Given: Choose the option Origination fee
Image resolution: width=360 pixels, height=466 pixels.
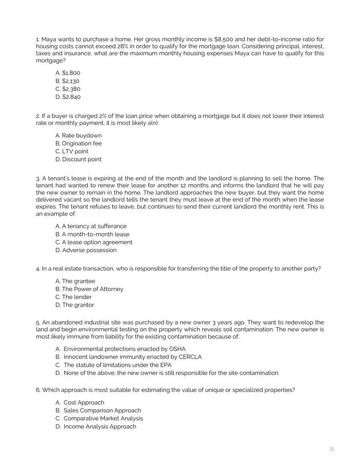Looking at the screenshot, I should (78, 144).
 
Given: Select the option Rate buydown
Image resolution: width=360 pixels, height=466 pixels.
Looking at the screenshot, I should (78, 136).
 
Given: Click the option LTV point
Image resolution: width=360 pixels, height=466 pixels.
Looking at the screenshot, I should (71, 152).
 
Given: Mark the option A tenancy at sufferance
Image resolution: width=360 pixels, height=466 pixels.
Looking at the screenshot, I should (91, 226).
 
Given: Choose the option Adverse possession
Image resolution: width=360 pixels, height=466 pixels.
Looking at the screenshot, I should (85, 250).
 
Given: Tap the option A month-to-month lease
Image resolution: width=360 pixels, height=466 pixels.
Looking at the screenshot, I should (92, 235).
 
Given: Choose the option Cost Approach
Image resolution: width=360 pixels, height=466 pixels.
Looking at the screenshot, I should (83, 403).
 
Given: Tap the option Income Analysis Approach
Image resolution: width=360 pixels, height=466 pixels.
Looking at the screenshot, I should (100, 427).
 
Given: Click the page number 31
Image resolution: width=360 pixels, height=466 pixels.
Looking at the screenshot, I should (331, 450).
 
